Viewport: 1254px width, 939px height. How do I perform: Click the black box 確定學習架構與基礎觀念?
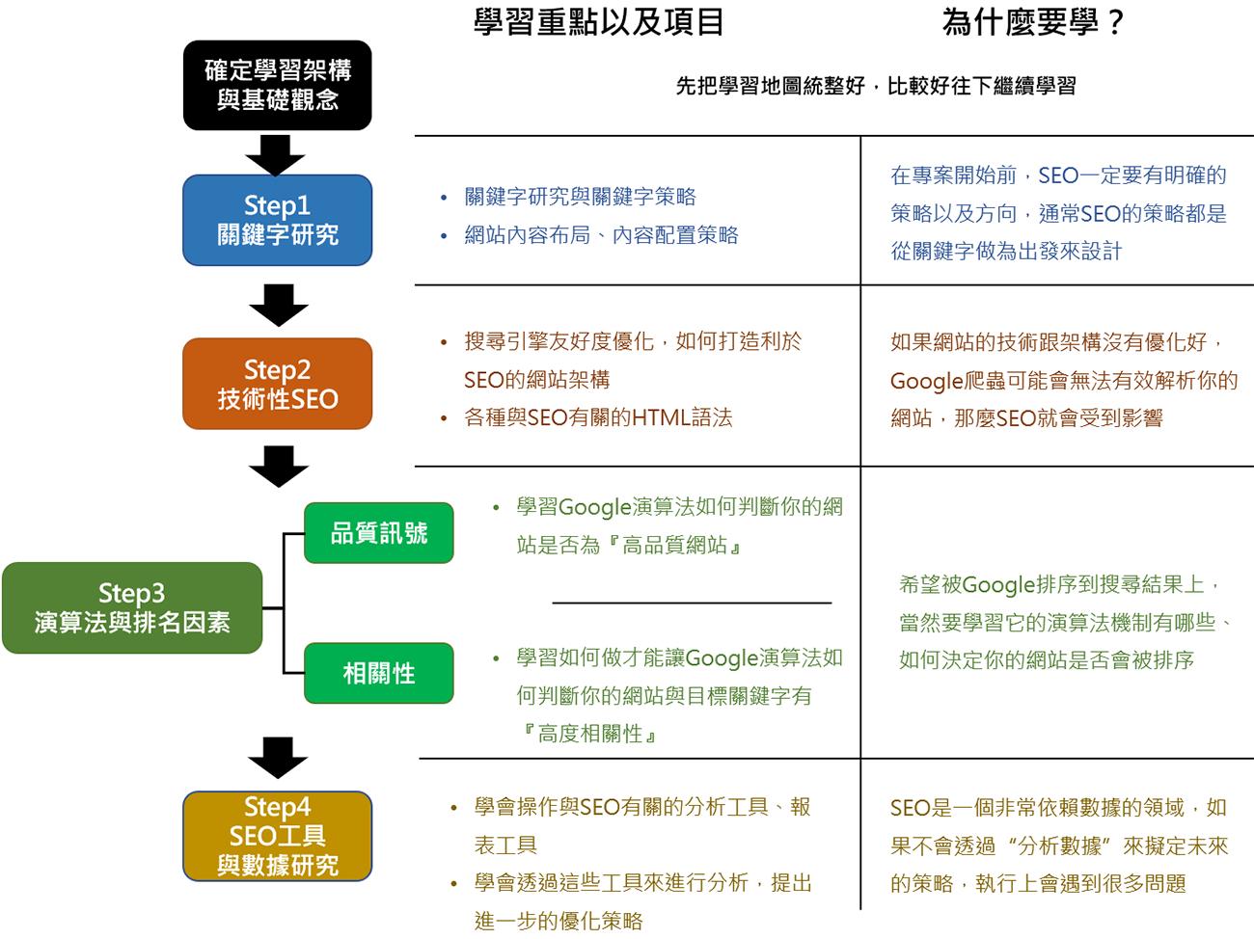click(277, 85)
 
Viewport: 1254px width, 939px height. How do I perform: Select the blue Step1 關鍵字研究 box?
click(277, 220)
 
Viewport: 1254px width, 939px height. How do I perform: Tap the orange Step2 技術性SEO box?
click(277, 384)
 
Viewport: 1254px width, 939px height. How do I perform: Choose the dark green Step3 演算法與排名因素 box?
click(132, 607)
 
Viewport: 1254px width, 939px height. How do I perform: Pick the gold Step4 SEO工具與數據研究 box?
click(277, 836)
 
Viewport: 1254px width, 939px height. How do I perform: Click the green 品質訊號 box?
click(378, 533)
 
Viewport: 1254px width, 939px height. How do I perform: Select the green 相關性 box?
click(378, 673)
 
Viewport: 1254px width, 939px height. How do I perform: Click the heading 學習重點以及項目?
click(598, 21)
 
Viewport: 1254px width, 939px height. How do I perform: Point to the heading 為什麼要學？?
click(1033, 21)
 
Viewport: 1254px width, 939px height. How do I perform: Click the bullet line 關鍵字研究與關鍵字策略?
click(580, 197)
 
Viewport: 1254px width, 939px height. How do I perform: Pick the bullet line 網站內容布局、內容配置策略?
click(601, 235)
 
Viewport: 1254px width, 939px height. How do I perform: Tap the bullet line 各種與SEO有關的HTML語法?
click(598, 417)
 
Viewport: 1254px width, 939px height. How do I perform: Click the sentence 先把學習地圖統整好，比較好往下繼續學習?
click(875, 86)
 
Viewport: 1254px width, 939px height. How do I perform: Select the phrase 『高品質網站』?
click(673, 546)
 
